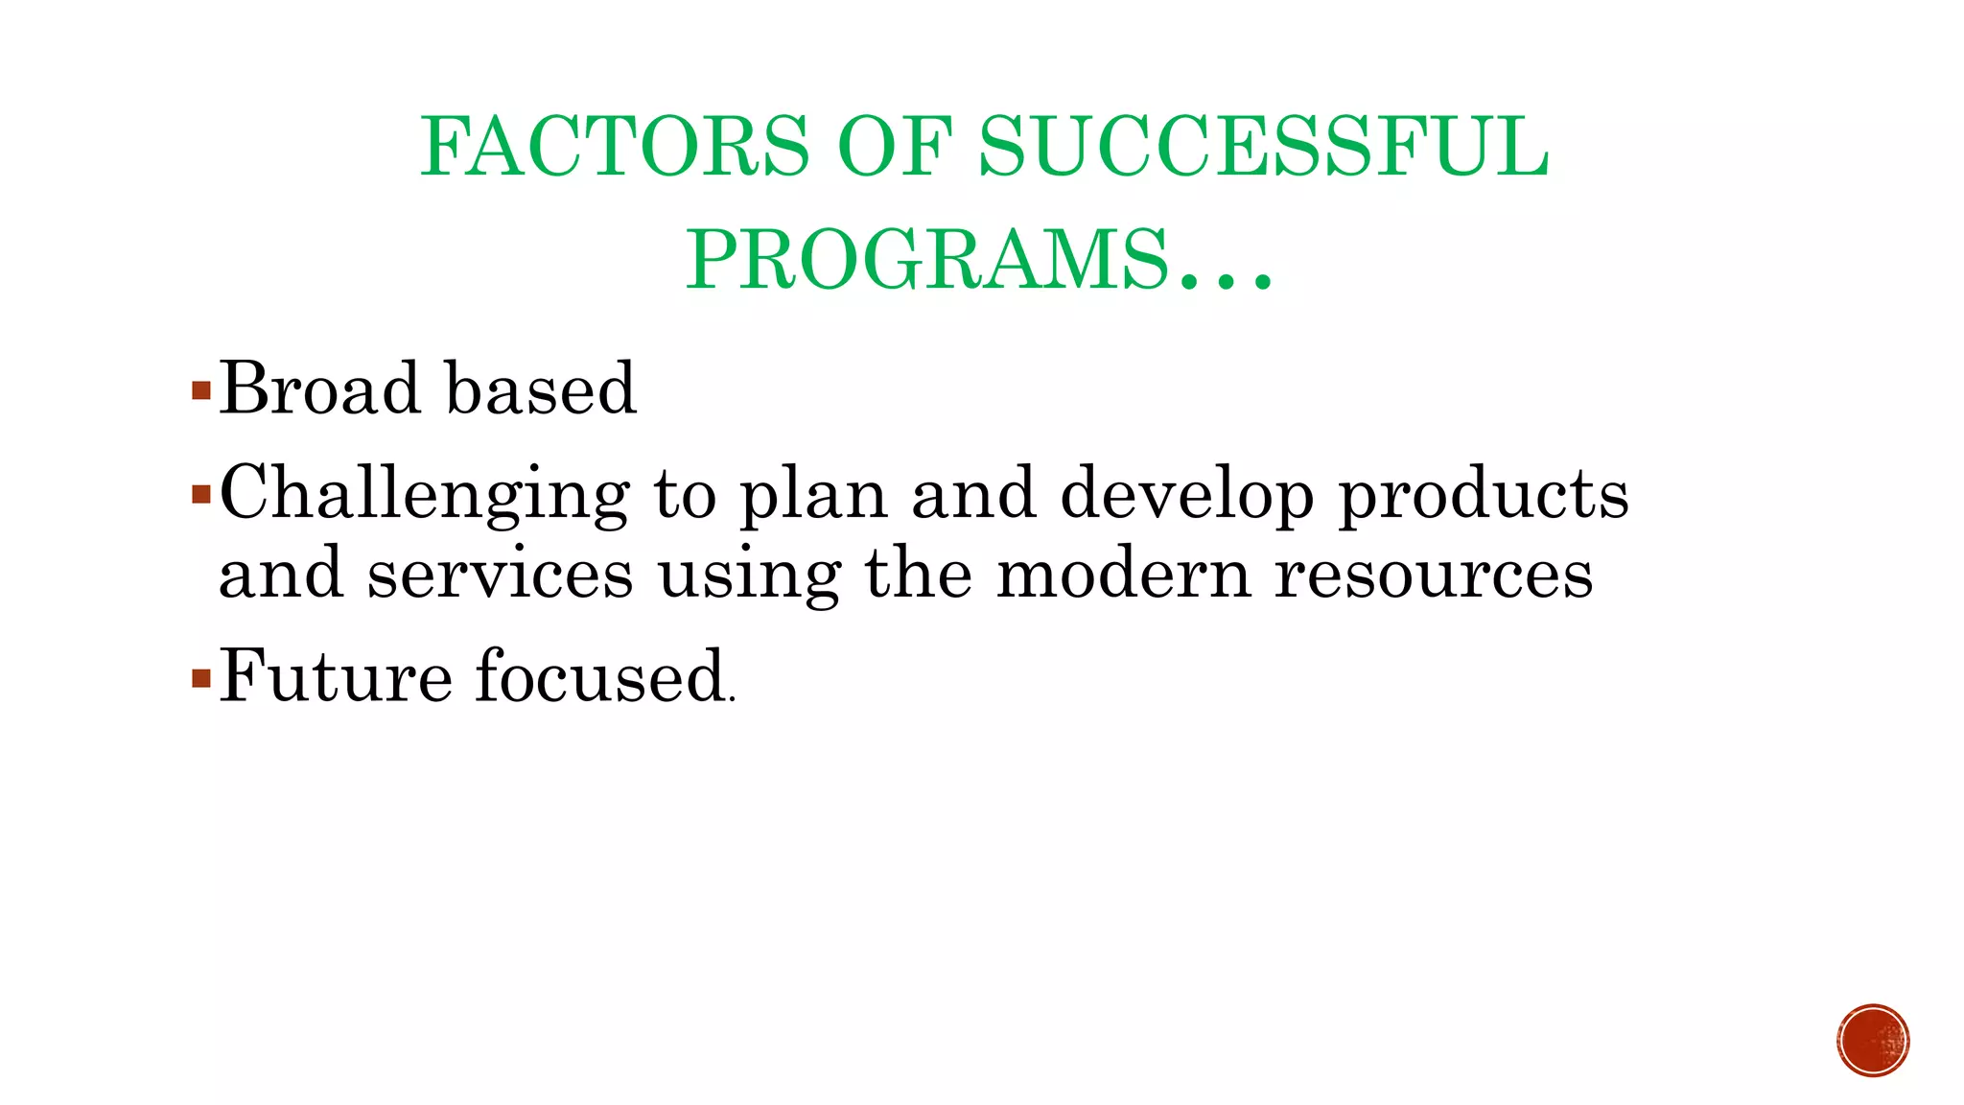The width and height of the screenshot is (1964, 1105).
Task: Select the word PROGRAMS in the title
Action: (926, 260)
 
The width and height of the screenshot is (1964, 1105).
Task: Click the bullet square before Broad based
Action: (200, 390)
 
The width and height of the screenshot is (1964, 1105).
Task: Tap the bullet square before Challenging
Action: (200, 495)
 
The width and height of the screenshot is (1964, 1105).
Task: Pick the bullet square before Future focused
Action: (200, 679)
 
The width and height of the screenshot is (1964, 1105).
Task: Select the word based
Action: (541, 388)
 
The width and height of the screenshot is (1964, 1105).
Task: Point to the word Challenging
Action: (425, 495)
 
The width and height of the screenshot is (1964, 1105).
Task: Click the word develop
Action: (1186, 495)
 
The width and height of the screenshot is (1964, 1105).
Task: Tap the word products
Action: (1483, 495)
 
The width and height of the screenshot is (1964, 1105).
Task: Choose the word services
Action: (500, 574)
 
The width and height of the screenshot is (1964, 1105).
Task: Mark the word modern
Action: (1123, 574)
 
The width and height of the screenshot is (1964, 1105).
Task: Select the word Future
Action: (336, 676)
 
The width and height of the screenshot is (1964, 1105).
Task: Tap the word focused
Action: (600, 676)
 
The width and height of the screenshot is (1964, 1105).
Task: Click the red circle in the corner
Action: (1873, 1041)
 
